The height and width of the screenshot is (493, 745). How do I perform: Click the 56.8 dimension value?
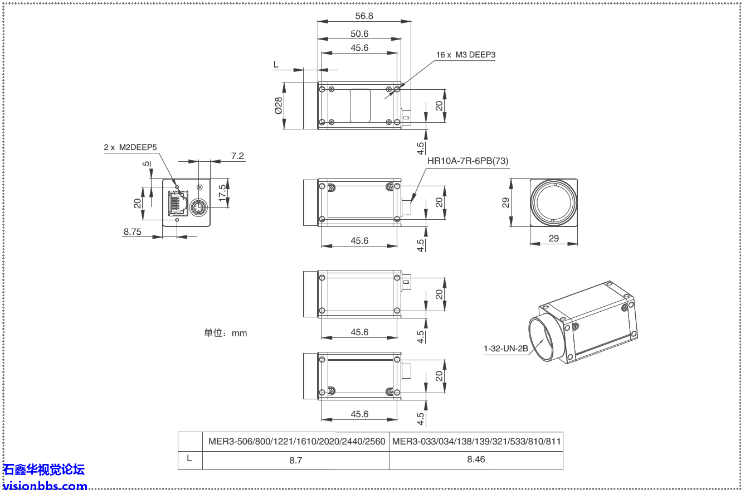tap(364, 16)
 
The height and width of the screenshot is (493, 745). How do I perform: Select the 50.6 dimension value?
tap(359, 34)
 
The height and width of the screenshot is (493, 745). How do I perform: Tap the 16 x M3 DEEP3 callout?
tap(465, 55)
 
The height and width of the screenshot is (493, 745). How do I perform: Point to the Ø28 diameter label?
tap(278, 106)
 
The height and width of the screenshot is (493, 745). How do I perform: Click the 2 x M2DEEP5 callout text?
tap(130, 148)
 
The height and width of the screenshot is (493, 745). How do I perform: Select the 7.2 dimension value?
tap(237, 156)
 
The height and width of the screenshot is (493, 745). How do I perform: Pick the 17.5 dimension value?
tap(223, 193)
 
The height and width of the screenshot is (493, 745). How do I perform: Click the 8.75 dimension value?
tap(132, 232)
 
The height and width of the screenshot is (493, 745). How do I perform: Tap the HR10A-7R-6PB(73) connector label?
tap(468, 161)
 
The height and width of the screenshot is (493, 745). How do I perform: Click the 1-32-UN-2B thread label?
tap(505, 349)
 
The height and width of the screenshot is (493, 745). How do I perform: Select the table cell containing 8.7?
tap(296, 460)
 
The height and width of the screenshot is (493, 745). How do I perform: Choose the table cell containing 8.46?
tap(476, 460)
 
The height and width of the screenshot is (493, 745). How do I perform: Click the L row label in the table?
tap(190, 460)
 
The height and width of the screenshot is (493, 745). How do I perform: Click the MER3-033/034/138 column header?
tap(476, 441)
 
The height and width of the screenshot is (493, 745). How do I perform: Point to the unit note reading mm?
tap(225, 333)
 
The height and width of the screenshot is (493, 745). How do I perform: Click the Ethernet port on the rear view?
tap(177, 203)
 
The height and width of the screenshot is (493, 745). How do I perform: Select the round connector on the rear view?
tap(198, 208)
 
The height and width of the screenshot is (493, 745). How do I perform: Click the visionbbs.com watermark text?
tap(45, 486)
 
